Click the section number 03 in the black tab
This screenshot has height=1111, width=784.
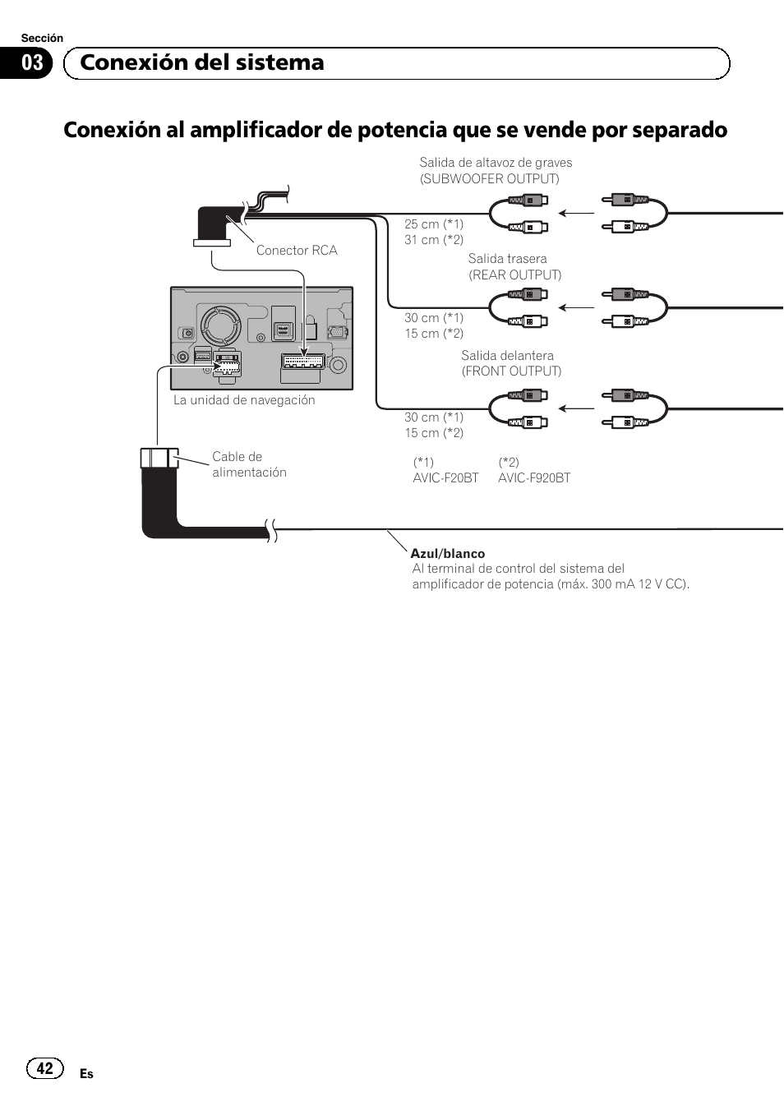(32, 63)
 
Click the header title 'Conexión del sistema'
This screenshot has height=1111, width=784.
(202, 62)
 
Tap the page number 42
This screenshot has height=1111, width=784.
(44, 1067)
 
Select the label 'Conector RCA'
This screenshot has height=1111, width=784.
(296, 251)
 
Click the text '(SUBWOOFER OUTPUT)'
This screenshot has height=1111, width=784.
(489, 179)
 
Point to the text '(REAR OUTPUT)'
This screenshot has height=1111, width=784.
(515, 274)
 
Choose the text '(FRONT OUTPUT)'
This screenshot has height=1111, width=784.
(511, 371)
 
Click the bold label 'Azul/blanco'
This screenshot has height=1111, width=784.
(447, 554)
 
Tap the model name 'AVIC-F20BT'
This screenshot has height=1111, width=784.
(445, 478)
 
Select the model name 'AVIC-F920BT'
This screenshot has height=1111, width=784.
(534, 478)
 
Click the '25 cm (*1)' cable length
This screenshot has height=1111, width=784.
(433, 224)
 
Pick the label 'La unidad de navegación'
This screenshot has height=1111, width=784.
(244, 400)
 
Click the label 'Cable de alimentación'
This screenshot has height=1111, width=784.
(249, 464)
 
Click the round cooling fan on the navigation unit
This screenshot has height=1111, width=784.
(221, 326)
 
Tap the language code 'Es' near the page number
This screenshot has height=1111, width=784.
(86, 1074)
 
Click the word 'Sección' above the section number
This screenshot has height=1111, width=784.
(42, 38)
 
